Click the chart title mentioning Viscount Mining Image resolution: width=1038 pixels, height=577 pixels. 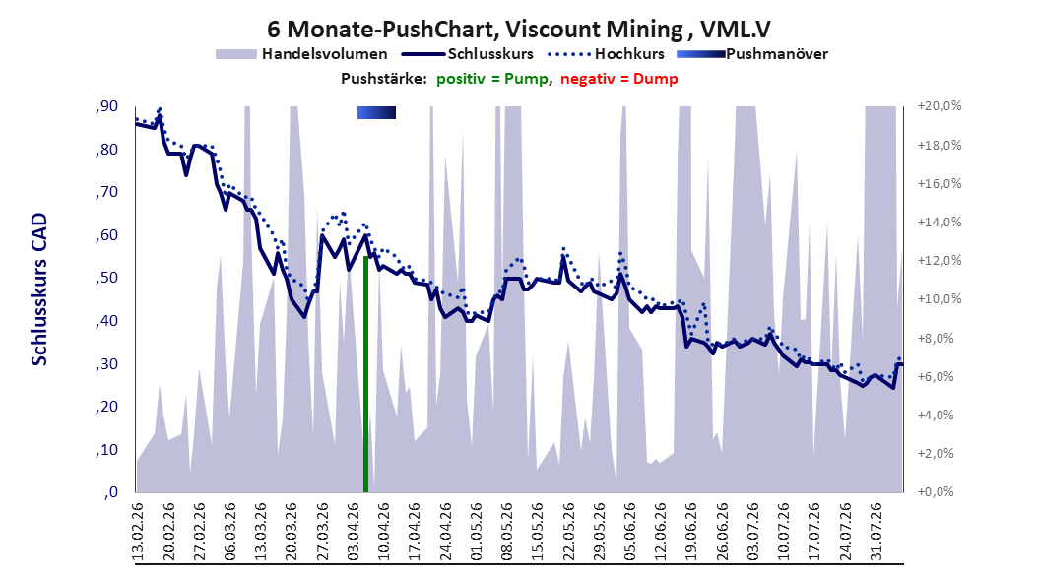519,30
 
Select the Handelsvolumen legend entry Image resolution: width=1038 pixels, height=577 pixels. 302,54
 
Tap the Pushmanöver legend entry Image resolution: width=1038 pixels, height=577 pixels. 752,54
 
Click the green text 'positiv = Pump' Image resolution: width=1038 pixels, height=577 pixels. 491,79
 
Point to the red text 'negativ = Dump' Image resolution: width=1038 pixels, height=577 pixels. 619,79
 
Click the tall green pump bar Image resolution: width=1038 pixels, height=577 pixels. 365,374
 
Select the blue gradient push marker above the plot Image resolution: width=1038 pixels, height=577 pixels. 376,112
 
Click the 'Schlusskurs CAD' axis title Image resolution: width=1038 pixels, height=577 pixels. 39,288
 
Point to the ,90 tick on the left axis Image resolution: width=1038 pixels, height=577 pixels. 106,106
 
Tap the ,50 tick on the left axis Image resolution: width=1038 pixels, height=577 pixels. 106,278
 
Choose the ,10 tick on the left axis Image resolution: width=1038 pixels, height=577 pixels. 106,449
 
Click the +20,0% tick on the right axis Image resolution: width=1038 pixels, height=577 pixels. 940,106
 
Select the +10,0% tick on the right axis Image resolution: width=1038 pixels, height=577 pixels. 940,299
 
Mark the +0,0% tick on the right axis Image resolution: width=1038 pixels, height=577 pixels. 936,491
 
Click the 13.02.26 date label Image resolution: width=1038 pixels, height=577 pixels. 138,532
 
